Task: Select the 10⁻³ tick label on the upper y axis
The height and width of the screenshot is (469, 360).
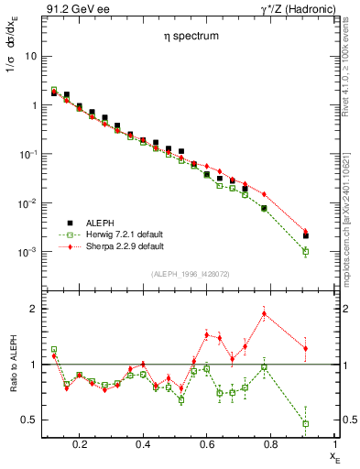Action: click(26, 252)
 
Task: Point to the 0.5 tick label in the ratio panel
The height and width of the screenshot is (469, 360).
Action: click(27, 420)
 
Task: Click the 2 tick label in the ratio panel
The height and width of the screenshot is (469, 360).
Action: click(31, 309)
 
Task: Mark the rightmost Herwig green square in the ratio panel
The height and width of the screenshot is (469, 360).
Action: click(306, 423)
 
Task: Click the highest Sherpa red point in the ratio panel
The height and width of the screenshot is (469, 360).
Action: click(264, 314)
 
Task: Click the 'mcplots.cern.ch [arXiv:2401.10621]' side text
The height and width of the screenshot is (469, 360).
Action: click(351, 211)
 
